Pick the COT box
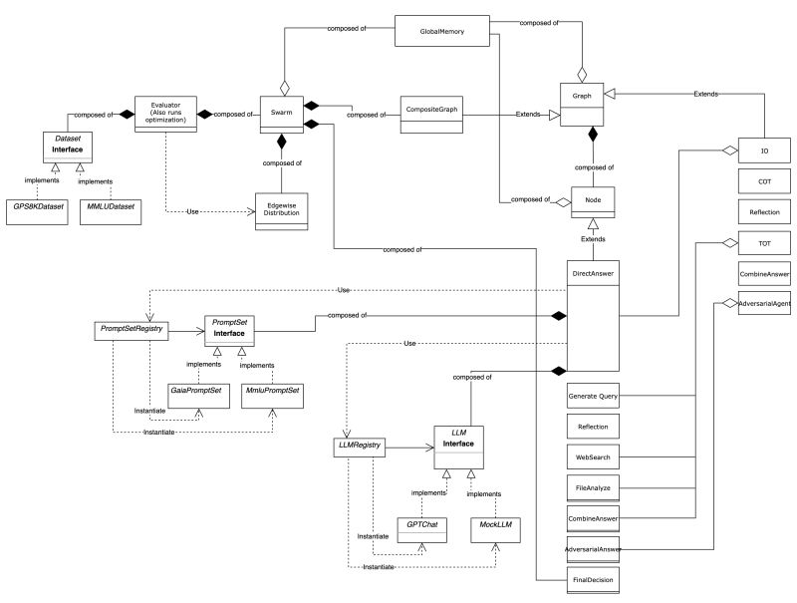click(764, 181)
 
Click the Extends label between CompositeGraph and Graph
click(527, 115)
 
